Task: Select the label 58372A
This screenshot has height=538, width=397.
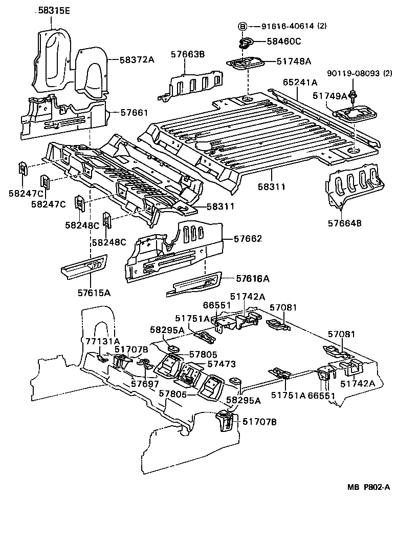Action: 137,59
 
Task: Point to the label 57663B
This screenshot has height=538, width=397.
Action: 187,54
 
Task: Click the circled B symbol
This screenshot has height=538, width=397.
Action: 243,26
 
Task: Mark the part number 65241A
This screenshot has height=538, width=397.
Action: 300,81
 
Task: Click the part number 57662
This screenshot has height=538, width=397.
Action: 248,239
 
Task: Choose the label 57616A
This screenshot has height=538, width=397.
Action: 253,278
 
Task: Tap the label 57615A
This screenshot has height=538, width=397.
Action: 94,293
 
